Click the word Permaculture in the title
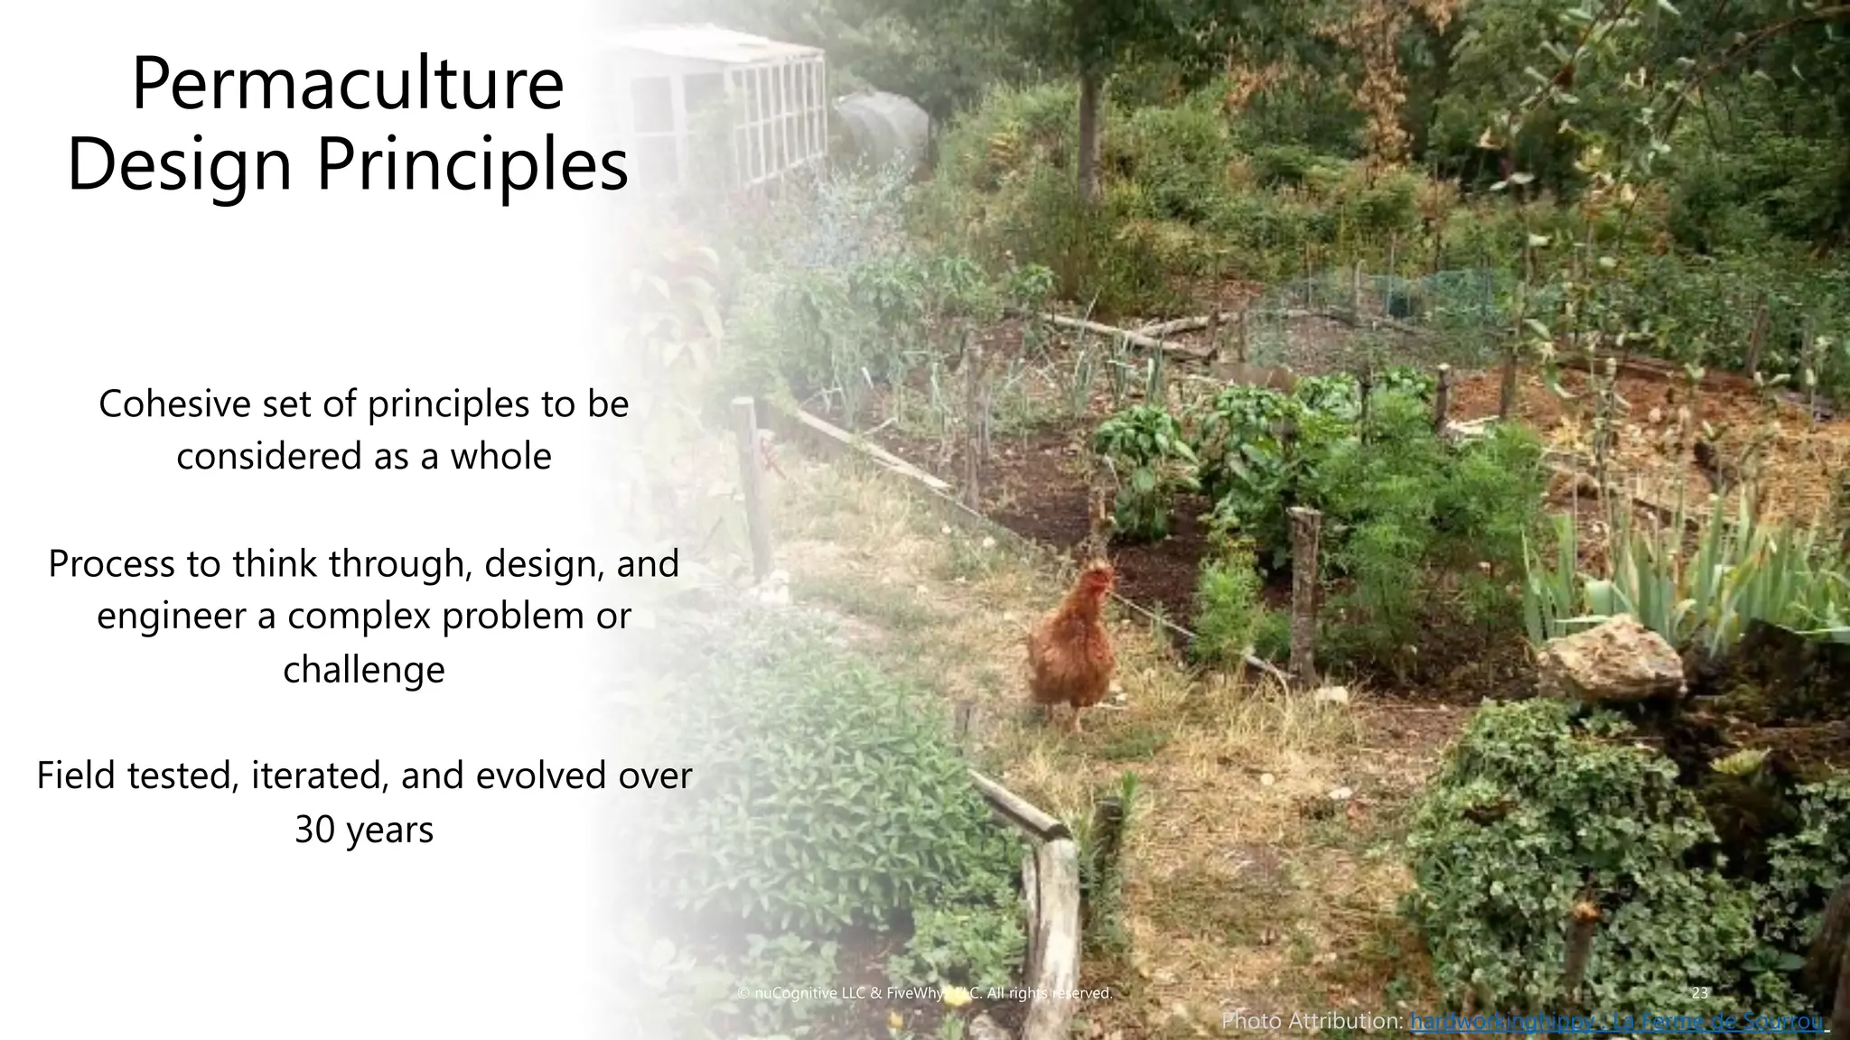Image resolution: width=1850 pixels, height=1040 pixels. pos(348,86)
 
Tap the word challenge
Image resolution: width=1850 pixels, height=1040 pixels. pos(364,670)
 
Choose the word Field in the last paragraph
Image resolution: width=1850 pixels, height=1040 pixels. pos(74,775)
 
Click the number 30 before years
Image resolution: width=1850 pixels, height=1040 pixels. pos(315,829)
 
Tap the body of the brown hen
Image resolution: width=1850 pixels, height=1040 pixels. pos(1070,655)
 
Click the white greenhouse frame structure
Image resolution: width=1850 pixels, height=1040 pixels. pos(741,99)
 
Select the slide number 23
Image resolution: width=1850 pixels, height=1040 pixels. pos(1700,993)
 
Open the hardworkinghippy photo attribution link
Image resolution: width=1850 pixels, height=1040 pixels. pos(1617,1022)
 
